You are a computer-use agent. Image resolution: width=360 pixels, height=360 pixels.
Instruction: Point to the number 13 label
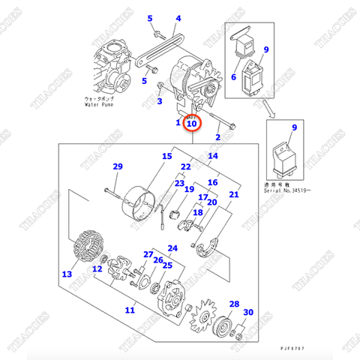67,274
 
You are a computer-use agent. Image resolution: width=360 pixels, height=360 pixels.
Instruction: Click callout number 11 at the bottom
130,310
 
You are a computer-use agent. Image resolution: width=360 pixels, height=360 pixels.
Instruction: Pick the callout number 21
234,196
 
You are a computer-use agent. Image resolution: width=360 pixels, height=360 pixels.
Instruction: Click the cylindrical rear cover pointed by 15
138,199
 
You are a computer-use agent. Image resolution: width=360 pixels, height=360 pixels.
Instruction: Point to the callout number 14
213,156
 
